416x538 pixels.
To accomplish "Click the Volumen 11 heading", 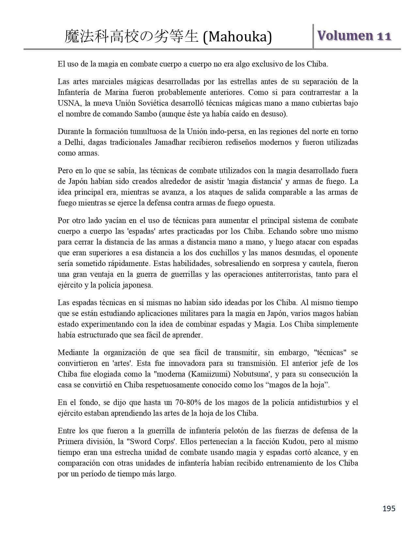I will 354,36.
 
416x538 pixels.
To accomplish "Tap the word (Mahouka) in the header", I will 237,37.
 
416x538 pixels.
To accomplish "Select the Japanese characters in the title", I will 131,37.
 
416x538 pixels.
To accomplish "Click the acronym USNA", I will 69,103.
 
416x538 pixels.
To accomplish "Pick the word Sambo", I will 173,114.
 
